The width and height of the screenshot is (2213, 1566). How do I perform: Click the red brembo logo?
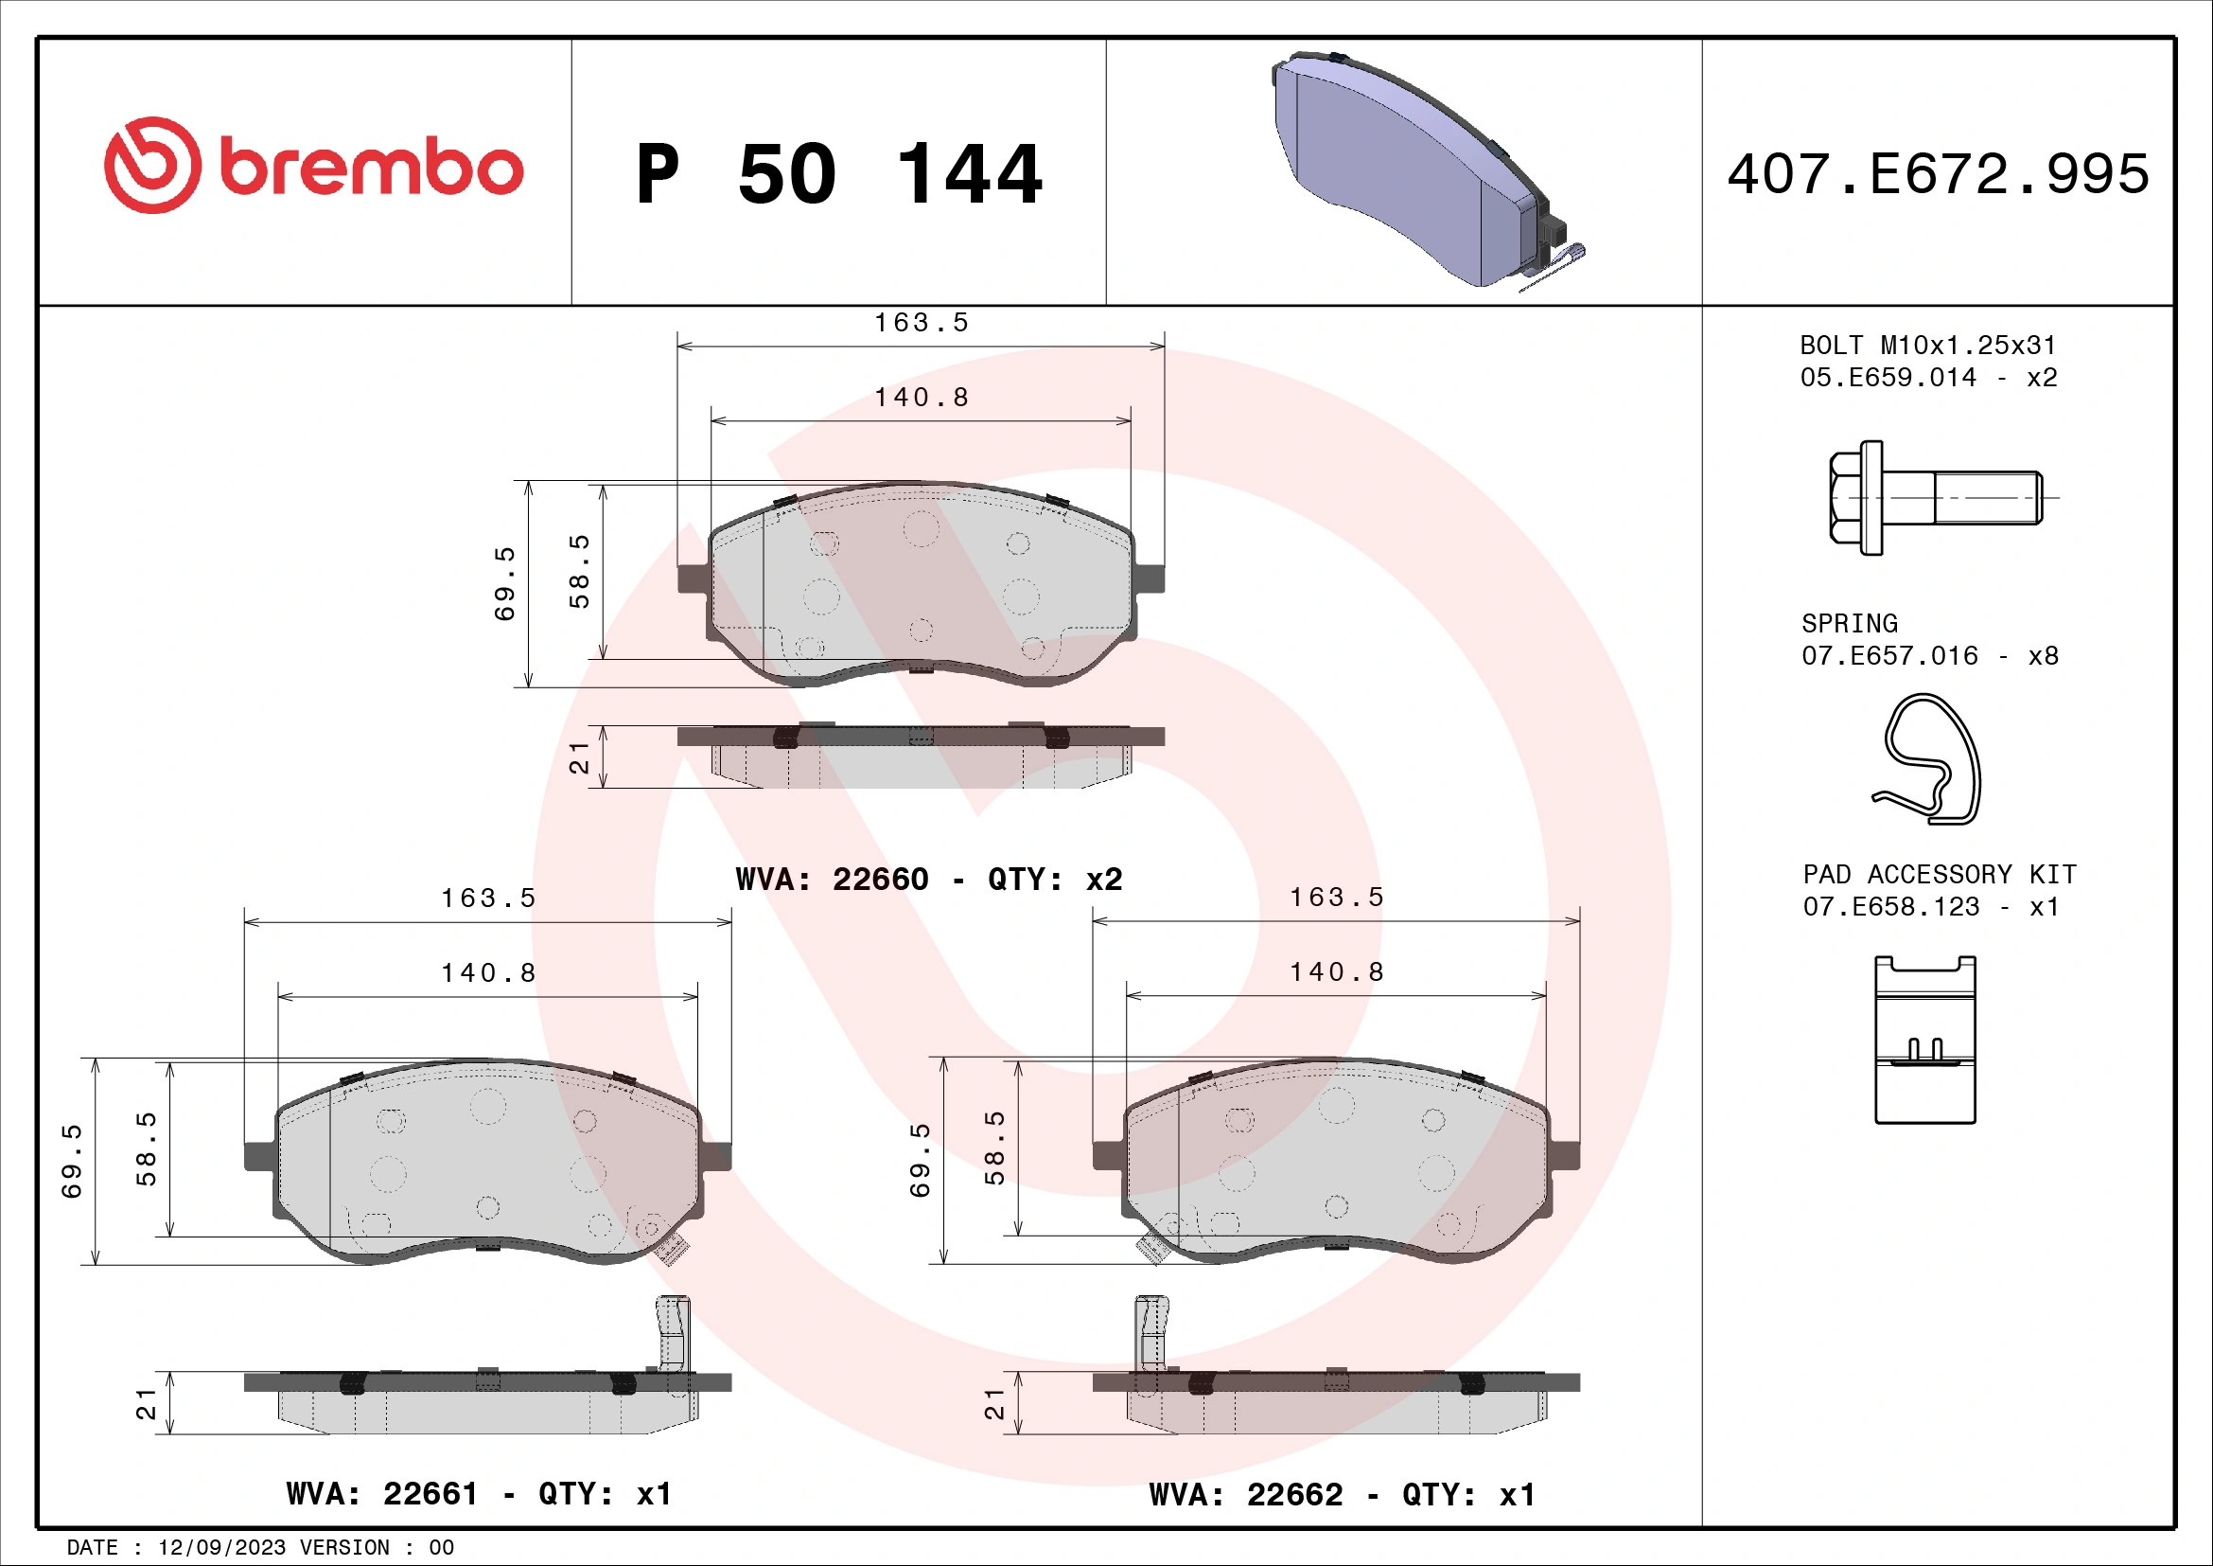tap(313, 166)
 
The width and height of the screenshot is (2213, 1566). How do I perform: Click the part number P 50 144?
tap(838, 174)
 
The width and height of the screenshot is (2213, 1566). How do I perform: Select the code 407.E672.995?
tap(1938, 174)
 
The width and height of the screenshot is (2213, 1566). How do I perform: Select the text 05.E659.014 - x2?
tap(1927, 377)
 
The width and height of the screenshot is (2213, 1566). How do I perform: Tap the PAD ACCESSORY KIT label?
tap(1940, 874)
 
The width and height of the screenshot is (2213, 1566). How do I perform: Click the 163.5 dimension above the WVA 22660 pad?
tap(922, 323)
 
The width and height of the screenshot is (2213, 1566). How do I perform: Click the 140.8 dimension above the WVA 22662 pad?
tap(1337, 972)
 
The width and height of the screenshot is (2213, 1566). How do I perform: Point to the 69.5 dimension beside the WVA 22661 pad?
tap(72, 1161)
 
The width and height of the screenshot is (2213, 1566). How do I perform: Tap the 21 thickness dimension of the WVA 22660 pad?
tap(578, 758)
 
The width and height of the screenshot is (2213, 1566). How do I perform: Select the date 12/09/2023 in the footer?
tap(221, 1548)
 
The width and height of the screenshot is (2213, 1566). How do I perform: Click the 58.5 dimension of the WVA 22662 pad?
tap(994, 1148)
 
